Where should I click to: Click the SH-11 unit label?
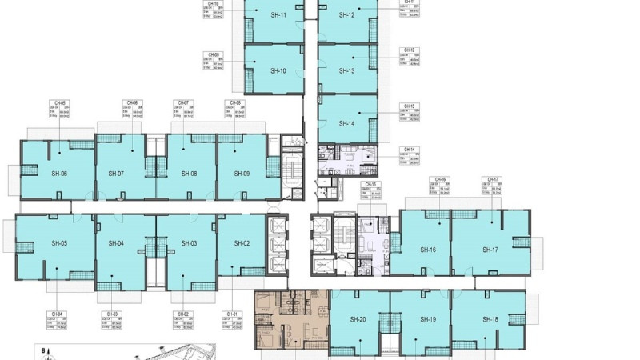coord(278,15)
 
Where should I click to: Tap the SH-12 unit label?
coord(346,15)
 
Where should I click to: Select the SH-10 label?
coord(278,70)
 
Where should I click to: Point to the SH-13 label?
coord(346,70)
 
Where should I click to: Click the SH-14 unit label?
coord(346,123)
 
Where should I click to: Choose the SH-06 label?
coord(59,174)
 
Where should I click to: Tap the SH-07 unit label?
coord(115,174)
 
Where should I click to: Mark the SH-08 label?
coord(189,174)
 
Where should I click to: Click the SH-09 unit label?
coord(242,174)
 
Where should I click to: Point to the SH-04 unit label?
coord(115,243)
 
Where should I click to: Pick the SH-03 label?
coord(189,243)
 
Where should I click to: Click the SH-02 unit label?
coord(242,243)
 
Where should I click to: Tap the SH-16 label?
coord(428,250)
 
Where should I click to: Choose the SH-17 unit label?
coord(490,250)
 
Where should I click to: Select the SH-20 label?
coord(358,319)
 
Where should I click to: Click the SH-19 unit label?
coord(428,319)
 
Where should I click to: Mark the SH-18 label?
coord(490,319)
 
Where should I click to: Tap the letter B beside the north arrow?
coord(43,350)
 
